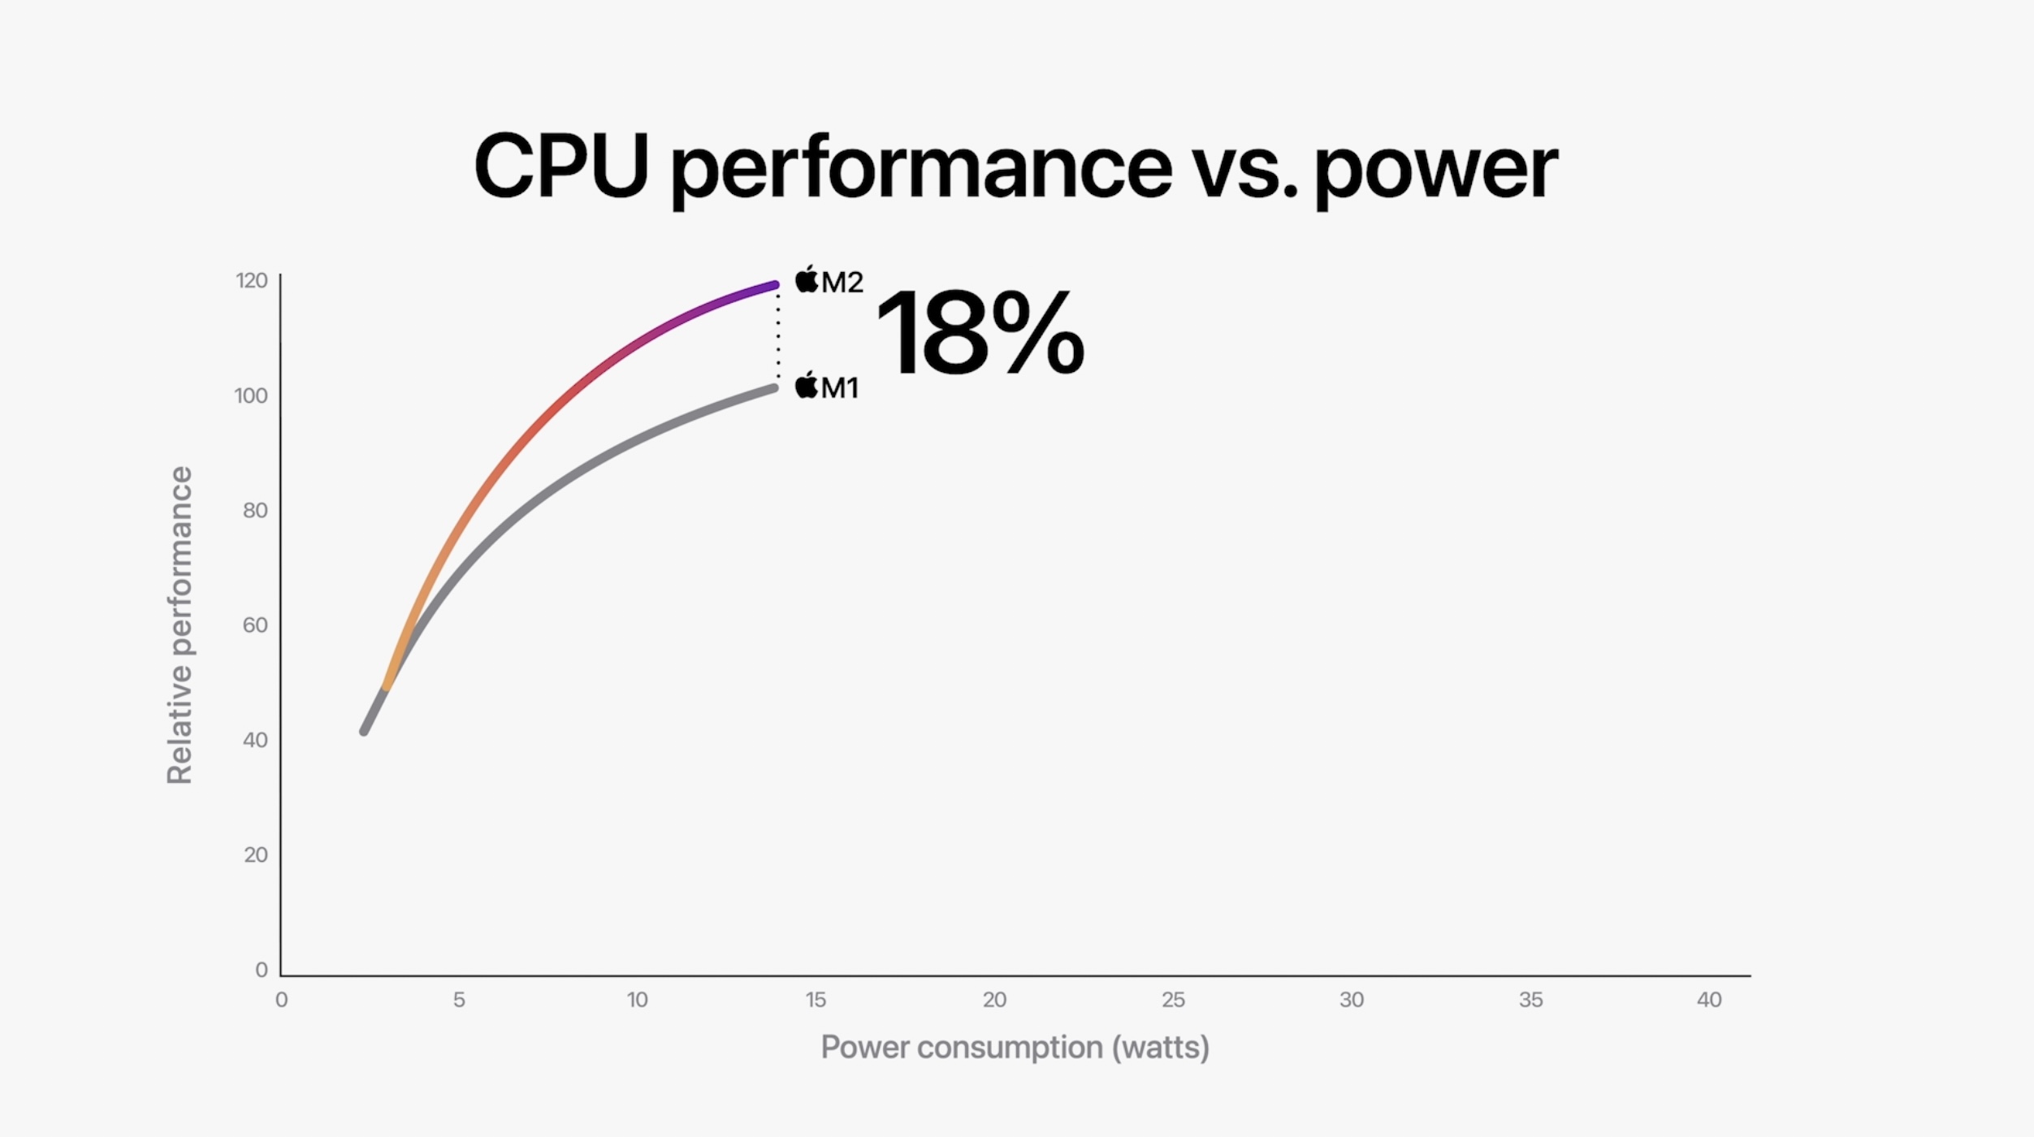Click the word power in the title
(1435, 171)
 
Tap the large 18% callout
(980, 334)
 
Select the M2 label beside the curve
(842, 283)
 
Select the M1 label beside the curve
(840, 387)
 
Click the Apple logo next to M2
(807, 279)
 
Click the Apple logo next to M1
(807, 385)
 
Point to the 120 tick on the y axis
(251, 281)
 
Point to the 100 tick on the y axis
(250, 396)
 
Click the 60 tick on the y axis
(254, 625)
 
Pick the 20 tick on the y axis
(255, 854)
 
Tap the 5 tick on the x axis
(459, 1000)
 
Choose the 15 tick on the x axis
(816, 1000)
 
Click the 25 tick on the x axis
(1173, 1000)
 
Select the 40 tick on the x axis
(1709, 1000)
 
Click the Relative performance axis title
(180, 625)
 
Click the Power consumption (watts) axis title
(1015, 1047)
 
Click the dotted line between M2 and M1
(778, 337)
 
